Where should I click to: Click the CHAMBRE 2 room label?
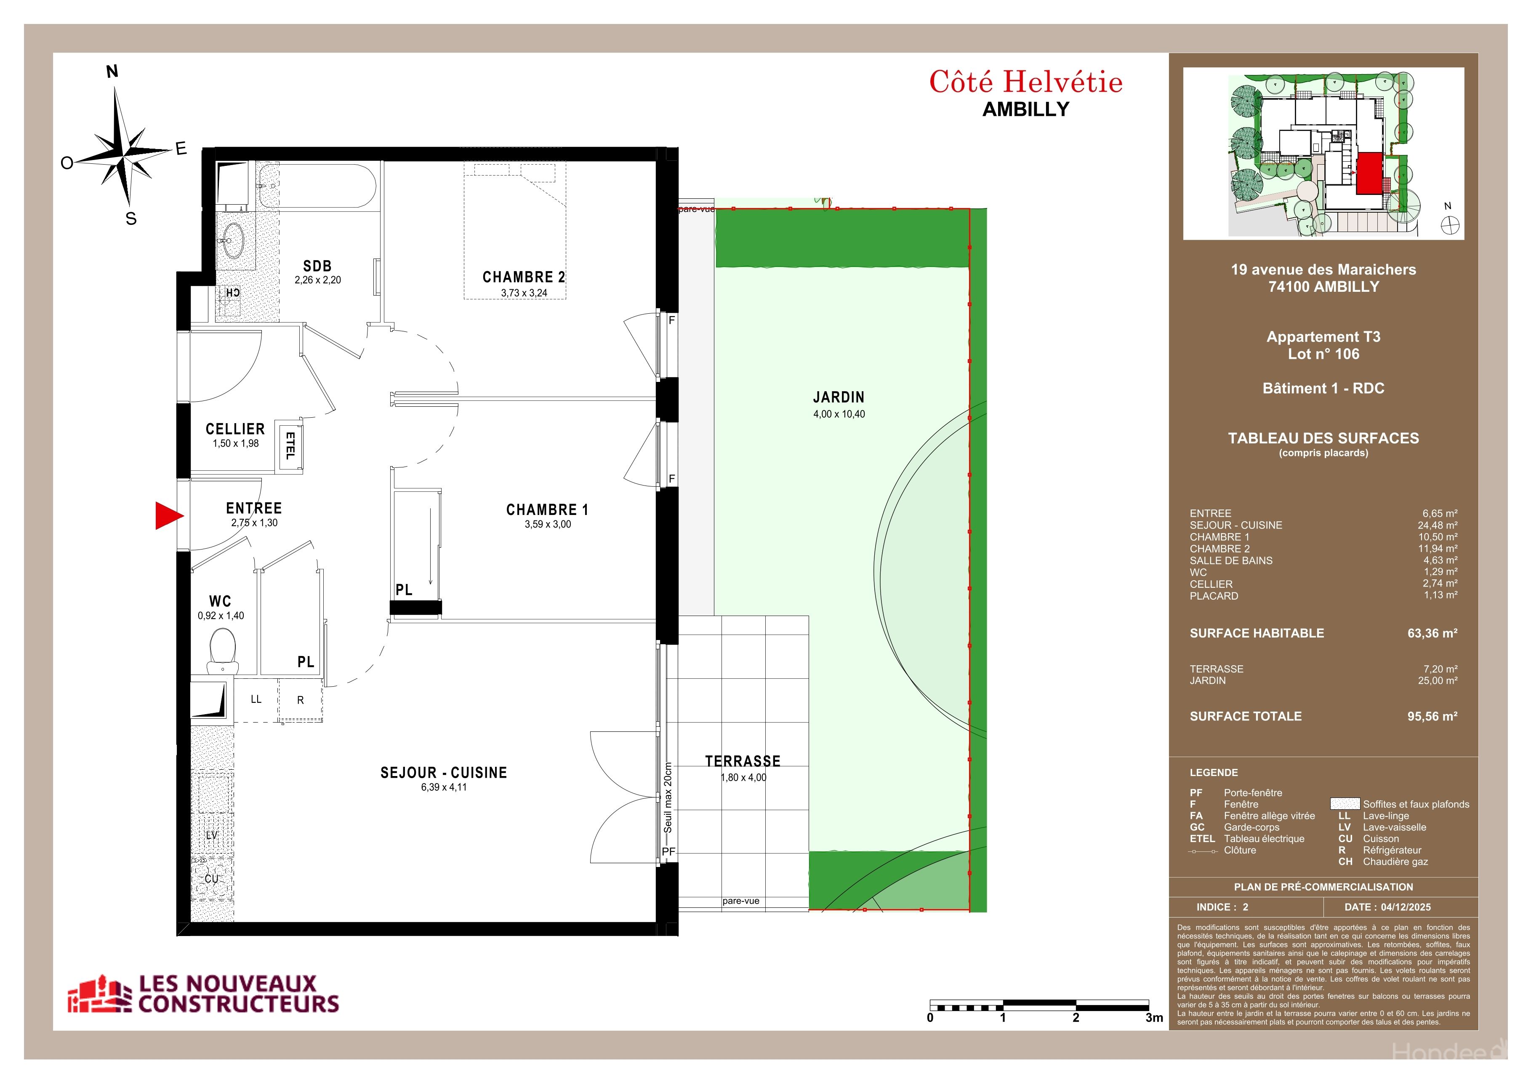pos(523,277)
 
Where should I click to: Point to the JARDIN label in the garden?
pos(838,397)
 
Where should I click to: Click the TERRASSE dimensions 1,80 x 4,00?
pos(743,778)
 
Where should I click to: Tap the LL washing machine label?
pos(256,699)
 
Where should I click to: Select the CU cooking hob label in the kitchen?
pos(211,879)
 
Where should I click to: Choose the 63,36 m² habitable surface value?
pos(1432,634)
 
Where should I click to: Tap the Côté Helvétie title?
pos(1025,83)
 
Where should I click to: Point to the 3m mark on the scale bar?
pos(1153,1018)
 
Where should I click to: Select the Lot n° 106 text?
pos(1323,354)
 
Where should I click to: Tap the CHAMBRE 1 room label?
pos(547,510)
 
